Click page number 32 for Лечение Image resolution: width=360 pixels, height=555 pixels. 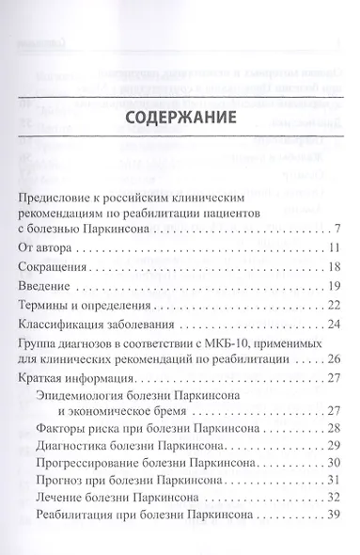[333, 540]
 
